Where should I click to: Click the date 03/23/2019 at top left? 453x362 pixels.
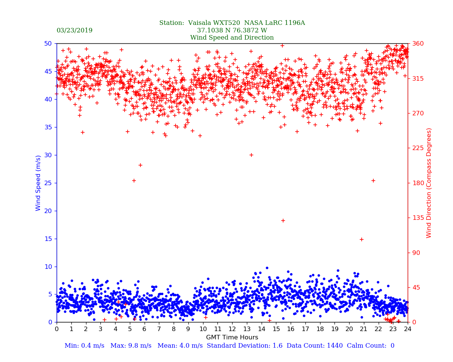[x=74, y=31]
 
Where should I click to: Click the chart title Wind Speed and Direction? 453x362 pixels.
[x=232, y=38]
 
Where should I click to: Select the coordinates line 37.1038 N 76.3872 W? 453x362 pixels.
[x=232, y=31]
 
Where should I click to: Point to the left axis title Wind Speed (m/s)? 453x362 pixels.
[x=39, y=183]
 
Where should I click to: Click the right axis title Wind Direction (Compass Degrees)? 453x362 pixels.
[x=429, y=183]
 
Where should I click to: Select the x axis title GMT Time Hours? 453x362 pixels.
[x=232, y=337]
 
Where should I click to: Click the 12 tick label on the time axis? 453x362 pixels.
[x=232, y=329]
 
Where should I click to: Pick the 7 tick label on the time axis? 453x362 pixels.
[x=159, y=329]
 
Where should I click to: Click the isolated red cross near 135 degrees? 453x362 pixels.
[x=283, y=221]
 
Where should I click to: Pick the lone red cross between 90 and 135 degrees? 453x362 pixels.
[x=362, y=239]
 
